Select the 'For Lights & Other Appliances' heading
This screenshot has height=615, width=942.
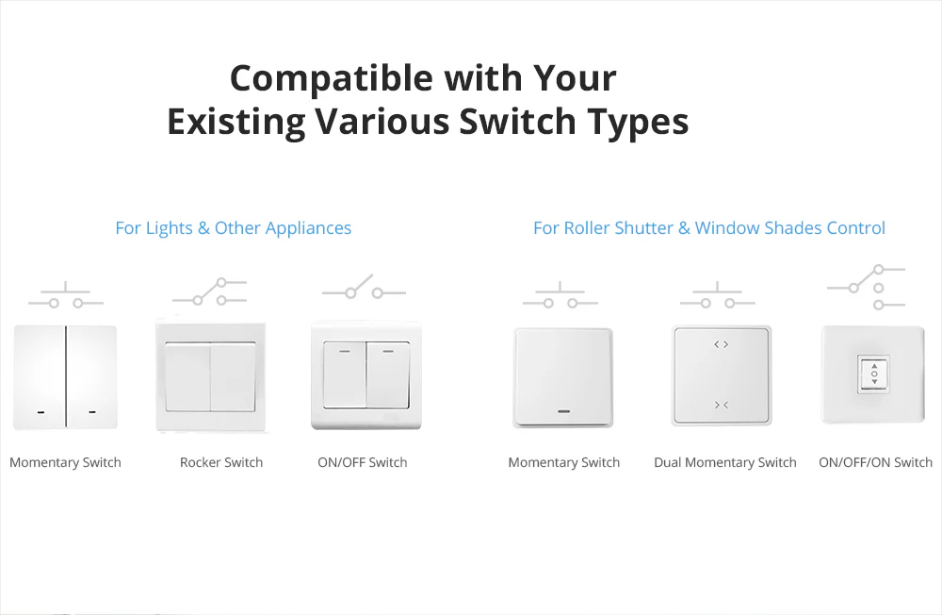(233, 228)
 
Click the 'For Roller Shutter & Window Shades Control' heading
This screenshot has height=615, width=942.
(708, 228)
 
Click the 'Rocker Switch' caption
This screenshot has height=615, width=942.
(221, 462)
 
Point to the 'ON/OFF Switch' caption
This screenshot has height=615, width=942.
(363, 462)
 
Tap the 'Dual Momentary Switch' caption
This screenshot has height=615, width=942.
(725, 462)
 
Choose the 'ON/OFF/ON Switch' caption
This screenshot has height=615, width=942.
(875, 462)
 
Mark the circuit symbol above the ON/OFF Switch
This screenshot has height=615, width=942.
(363, 288)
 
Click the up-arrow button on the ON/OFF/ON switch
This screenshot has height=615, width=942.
(874, 365)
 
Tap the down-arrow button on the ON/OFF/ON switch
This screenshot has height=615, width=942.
(874, 384)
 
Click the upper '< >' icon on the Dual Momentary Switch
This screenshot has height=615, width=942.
(721, 344)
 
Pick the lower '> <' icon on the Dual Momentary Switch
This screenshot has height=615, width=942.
(721, 405)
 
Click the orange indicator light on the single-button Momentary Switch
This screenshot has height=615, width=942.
(564, 411)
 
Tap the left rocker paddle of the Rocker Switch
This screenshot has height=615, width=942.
(187, 376)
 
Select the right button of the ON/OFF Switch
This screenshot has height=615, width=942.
(387, 374)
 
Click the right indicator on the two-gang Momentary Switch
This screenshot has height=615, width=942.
(91, 412)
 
